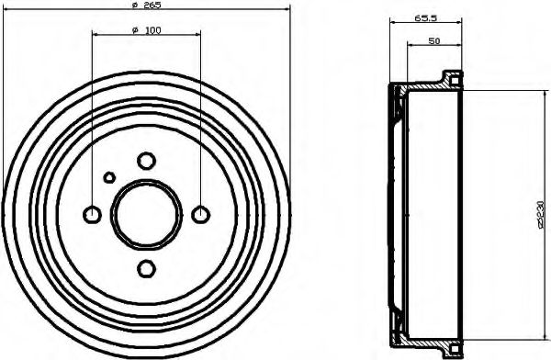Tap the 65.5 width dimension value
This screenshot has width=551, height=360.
pos(424,17)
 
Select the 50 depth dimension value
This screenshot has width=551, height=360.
pos(433,42)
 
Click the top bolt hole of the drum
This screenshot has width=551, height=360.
pos(145,161)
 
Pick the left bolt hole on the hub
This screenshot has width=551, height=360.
pos(92,215)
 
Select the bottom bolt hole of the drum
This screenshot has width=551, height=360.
pos(145,268)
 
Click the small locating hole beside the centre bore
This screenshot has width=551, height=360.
pos(108,177)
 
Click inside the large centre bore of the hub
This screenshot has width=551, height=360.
pos(145,214)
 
